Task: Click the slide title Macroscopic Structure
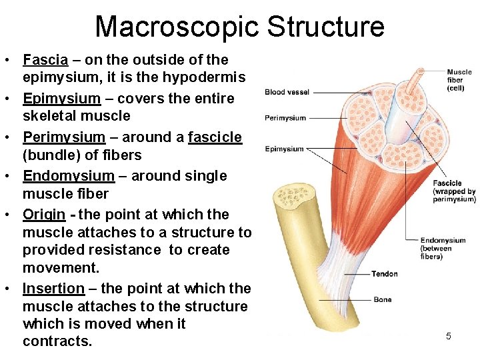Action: tap(239, 26)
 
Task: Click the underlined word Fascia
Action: tap(45, 60)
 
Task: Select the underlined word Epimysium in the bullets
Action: tap(61, 99)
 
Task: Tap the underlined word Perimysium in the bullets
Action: tap(64, 137)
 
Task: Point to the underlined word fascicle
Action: tap(215, 137)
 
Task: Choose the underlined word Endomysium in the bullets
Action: tap(69, 176)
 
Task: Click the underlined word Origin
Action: tap(44, 215)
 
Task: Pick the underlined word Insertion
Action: tap(53, 289)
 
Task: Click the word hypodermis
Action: tap(203, 77)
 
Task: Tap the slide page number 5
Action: tap(448, 336)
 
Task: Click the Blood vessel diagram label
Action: tap(286, 92)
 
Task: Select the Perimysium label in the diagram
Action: tap(285, 118)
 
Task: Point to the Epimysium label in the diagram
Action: tap(284, 149)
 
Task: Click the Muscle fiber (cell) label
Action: tap(459, 80)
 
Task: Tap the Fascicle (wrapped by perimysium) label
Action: tap(453, 191)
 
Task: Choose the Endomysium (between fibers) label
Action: tap(443, 249)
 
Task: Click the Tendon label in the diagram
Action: tap(385, 273)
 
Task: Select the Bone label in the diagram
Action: tap(383, 299)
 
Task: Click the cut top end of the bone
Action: tap(293, 199)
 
